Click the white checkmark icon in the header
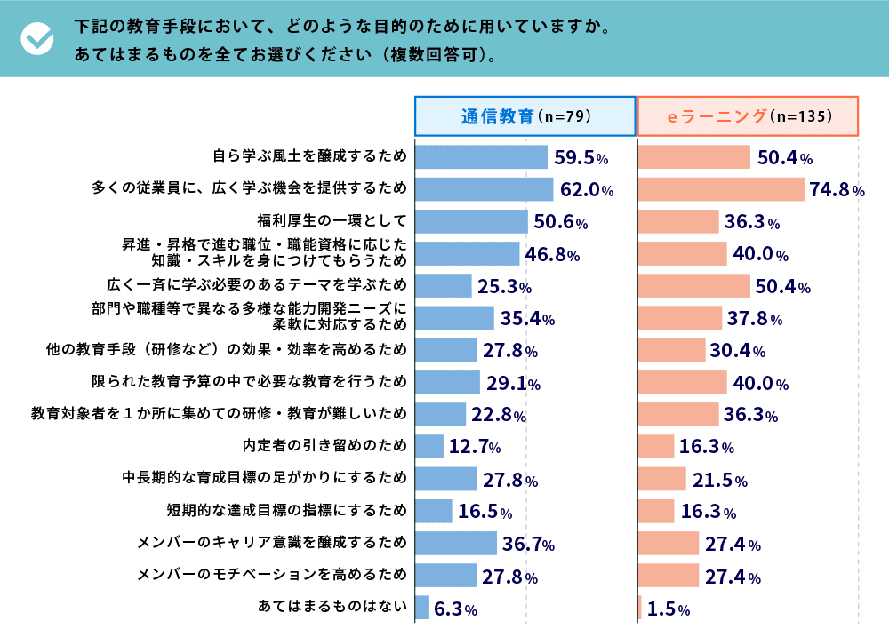[x=36, y=37]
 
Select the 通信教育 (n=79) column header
[x=525, y=115]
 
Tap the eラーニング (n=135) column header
[x=748, y=115]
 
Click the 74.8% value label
[x=837, y=190]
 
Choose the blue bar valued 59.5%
[x=481, y=157]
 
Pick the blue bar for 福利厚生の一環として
[x=471, y=221]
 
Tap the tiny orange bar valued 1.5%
[x=640, y=608]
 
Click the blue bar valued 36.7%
[x=456, y=543]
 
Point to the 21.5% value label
[x=719, y=480]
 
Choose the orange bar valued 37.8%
[x=680, y=318]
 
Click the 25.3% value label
[x=504, y=287]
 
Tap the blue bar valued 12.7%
[x=429, y=447]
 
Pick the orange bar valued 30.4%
[x=672, y=350]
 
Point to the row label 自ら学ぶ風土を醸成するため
[x=309, y=157]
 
